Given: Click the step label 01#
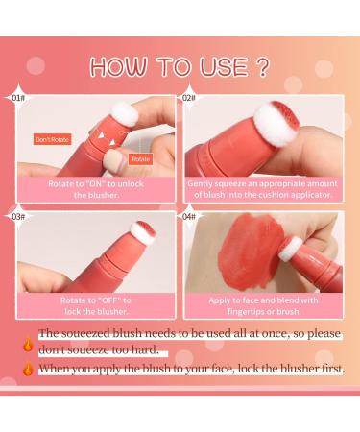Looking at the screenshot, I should pyautogui.click(x=17, y=97).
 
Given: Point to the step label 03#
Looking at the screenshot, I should pyautogui.click(x=17, y=217).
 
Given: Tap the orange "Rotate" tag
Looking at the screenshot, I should pyautogui.click(x=140, y=159).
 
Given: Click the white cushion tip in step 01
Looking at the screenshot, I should pyautogui.click(x=124, y=115).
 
